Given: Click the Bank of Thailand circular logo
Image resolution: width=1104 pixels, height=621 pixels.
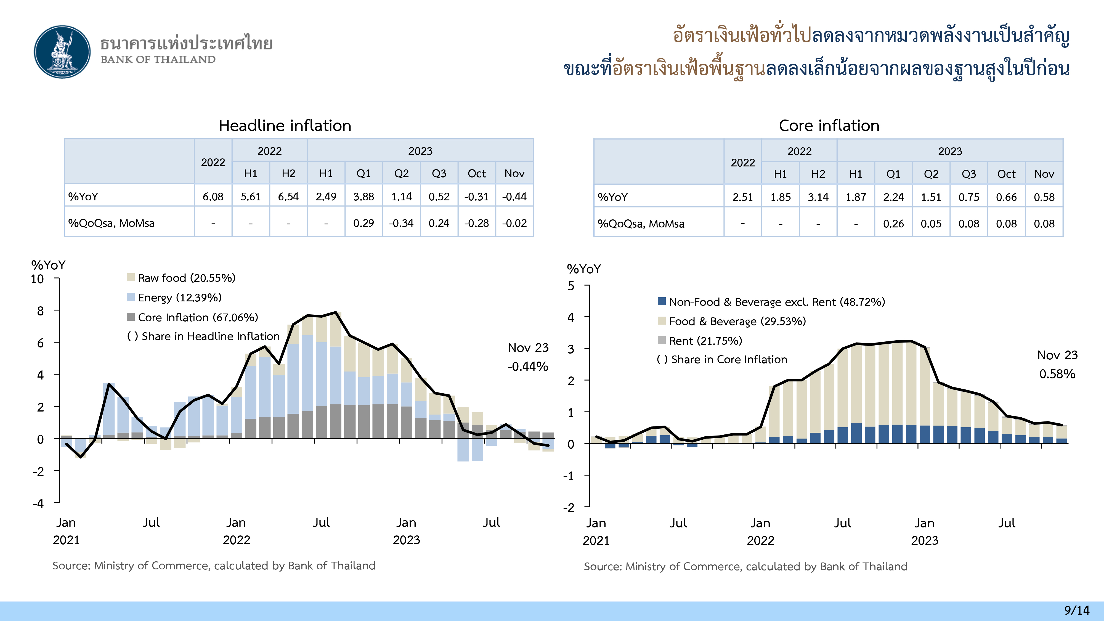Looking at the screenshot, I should click(x=63, y=52).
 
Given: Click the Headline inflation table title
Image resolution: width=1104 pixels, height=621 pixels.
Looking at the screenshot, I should click(x=285, y=126).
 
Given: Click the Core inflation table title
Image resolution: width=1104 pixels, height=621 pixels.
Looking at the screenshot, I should click(x=829, y=126).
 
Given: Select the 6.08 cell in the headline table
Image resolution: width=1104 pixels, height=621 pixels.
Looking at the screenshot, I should click(x=213, y=197).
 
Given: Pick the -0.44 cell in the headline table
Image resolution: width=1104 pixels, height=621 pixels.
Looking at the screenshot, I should click(x=514, y=197).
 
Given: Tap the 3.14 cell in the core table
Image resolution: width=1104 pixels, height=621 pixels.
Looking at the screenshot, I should click(x=818, y=197).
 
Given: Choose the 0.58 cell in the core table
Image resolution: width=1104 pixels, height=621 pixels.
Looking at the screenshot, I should click(x=1044, y=197).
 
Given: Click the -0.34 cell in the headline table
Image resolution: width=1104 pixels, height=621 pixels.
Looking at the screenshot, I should click(x=401, y=223).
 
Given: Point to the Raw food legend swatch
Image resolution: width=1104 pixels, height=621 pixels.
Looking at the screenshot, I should click(x=131, y=278).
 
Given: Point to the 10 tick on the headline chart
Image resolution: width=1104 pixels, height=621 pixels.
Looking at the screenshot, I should click(x=37, y=279).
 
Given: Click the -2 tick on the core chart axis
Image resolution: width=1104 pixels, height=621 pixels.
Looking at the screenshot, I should click(x=569, y=508).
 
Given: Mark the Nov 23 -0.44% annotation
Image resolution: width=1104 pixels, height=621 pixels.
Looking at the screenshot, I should click(x=528, y=357).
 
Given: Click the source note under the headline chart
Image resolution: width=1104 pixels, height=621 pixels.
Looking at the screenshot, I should click(x=213, y=566).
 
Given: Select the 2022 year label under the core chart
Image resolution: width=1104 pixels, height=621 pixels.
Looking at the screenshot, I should click(x=760, y=540).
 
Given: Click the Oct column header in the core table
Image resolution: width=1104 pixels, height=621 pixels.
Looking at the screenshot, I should click(x=1006, y=174).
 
